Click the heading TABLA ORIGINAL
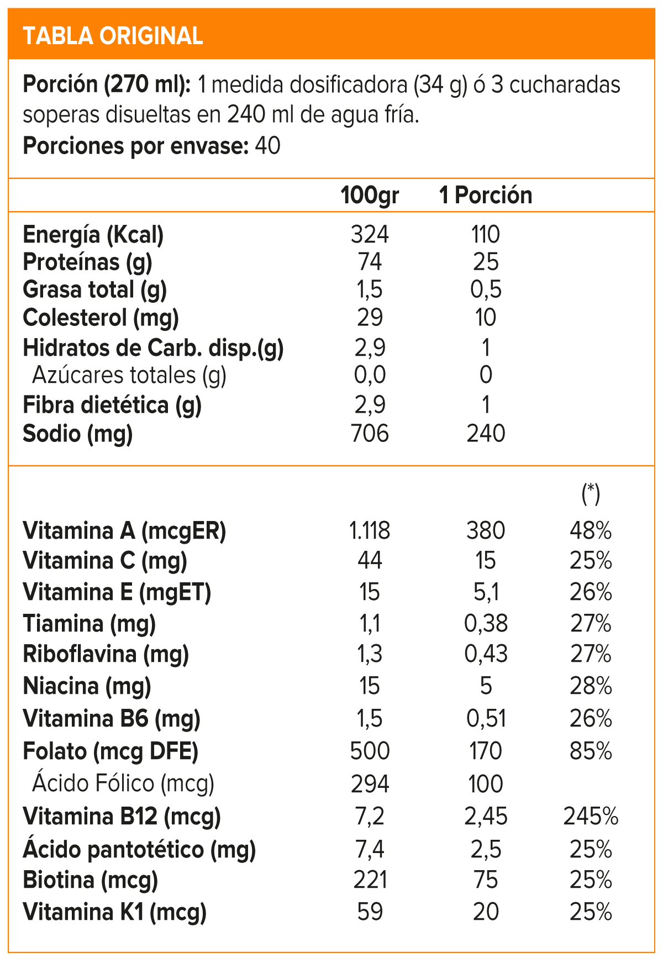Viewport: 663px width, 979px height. (113, 36)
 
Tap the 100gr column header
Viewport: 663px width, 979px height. (369, 196)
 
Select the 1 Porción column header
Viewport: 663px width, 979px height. (485, 196)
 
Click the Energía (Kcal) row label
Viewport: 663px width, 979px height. (93, 235)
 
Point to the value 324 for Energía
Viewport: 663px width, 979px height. (369, 235)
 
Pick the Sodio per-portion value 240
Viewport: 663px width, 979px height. (485, 434)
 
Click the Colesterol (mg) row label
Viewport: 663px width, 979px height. (101, 318)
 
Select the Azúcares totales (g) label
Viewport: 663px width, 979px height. (129, 375)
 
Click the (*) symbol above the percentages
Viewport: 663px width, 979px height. (591, 493)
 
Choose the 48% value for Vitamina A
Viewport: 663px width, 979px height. (591, 531)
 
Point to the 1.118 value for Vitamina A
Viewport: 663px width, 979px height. (369, 531)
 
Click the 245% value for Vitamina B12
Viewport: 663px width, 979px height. (591, 817)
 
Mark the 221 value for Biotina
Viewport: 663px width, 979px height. (369, 880)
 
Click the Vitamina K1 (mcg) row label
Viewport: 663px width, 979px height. (114, 912)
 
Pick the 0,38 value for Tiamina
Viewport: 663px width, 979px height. (485, 624)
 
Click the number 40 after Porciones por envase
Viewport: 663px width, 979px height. (267, 146)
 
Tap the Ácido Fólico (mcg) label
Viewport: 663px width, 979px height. (123, 783)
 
